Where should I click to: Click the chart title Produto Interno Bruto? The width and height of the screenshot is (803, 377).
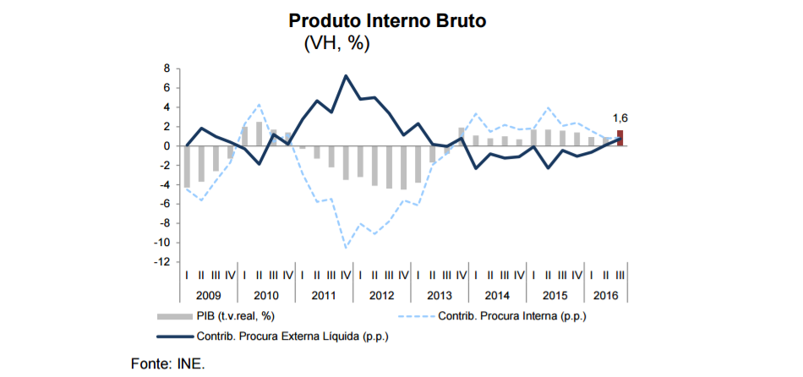point(388,20)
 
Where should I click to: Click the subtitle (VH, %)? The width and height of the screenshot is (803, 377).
point(336,44)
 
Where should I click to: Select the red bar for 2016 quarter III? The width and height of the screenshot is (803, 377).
point(620,138)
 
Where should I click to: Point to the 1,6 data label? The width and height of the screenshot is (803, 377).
point(620,118)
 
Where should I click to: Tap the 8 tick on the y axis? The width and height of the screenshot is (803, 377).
point(167,68)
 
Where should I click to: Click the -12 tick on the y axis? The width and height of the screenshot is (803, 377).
point(163,262)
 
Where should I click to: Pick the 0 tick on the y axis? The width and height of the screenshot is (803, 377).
point(167,145)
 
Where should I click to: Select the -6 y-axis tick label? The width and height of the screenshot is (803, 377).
point(165,204)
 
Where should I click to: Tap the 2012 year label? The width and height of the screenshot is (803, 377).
point(381,296)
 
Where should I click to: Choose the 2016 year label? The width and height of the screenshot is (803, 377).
point(606,296)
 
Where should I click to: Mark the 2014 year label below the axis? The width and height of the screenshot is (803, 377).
point(496,296)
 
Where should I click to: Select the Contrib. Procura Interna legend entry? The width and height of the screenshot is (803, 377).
point(511,317)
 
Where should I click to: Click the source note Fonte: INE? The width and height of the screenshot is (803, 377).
point(168,363)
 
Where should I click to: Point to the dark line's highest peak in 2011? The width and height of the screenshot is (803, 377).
point(346,76)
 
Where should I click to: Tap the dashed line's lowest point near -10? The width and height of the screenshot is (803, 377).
point(346,248)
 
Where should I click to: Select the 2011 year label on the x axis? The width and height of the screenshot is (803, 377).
point(324,296)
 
